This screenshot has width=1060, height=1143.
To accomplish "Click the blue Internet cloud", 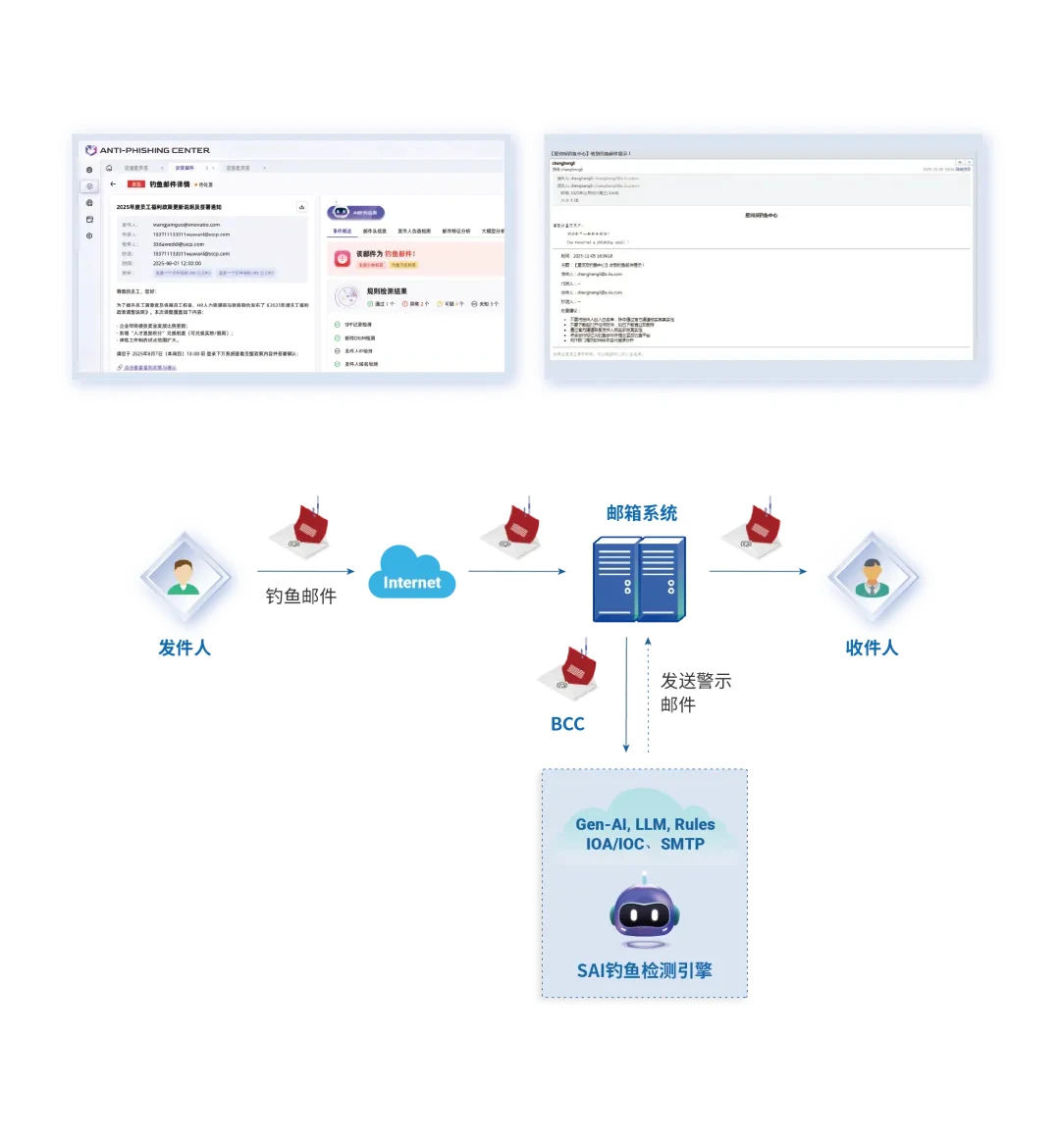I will coord(412,573).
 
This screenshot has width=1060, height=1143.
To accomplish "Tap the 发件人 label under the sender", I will coord(185,648).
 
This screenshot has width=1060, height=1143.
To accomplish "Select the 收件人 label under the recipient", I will coord(872,648).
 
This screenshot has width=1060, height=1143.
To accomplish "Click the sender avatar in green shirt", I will coord(184,578).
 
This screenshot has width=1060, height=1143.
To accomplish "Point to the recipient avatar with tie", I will coord(872,578).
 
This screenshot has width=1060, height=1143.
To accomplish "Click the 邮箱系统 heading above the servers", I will coord(642,513).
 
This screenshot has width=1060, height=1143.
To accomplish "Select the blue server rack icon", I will coord(639,579).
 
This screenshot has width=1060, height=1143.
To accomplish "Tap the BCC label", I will coord(567,724).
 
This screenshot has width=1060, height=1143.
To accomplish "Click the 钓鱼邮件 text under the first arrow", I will coord(301,596).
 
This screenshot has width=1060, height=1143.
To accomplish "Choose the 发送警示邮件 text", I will coord(695,692).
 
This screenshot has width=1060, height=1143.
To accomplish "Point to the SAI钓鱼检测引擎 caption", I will coord(644,970).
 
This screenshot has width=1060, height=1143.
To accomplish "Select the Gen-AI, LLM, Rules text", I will coord(645,824).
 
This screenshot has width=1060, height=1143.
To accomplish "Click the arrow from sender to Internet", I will coord(305,571).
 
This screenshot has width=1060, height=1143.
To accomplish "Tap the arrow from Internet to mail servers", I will coord(516,571).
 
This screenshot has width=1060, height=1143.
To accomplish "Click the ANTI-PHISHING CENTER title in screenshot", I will coord(154,150).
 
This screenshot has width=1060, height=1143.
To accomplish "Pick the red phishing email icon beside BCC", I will coord(570,672).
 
